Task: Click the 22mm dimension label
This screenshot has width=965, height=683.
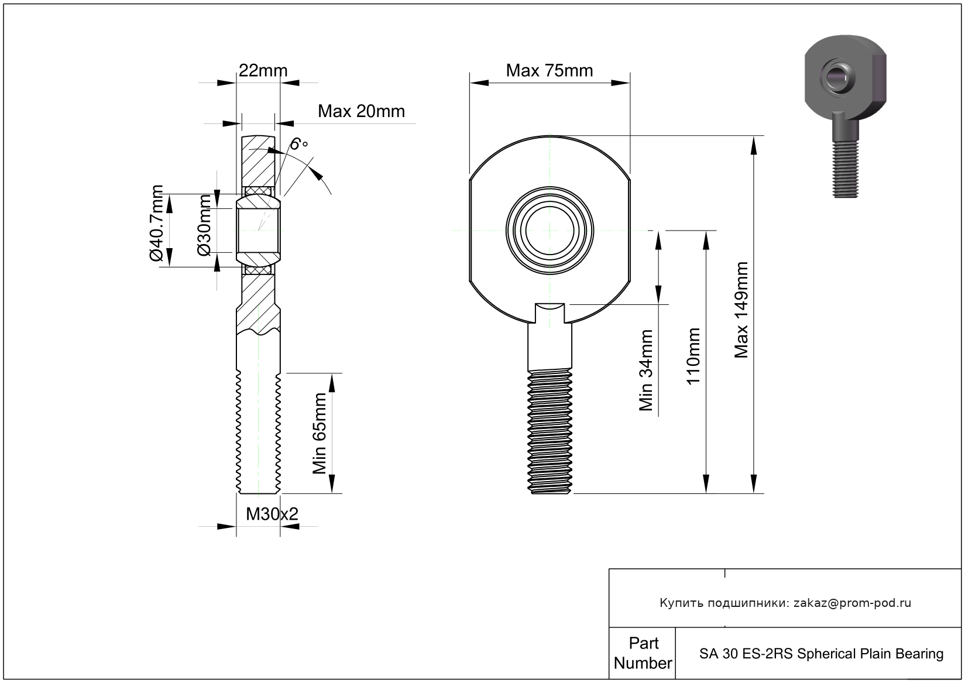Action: pos(263,71)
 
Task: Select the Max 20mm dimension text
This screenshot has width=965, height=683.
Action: pos(361,111)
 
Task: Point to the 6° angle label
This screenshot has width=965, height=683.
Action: pos(299,144)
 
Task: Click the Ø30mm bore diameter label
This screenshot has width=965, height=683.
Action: pos(204,225)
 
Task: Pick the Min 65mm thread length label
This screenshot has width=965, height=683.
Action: pos(320,433)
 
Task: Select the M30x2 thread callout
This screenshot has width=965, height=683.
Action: pos(272,514)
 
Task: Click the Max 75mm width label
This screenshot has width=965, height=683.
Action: pos(549,71)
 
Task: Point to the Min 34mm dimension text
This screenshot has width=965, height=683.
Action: pos(646,370)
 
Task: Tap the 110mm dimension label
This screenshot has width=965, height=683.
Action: pos(693,356)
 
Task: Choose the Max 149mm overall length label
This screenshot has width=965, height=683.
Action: pos(741,310)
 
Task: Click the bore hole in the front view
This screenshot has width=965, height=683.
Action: pos(550,231)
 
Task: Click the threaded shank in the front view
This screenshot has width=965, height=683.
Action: pos(550,430)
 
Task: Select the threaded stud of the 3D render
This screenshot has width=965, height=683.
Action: pos(846,170)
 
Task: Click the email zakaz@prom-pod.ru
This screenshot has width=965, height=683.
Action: pos(852,603)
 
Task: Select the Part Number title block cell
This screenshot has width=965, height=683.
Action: pos(643,653)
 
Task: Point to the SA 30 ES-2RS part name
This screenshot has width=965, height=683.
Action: pos(821,654)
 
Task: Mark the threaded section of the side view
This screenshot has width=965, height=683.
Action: pos(259,433)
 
